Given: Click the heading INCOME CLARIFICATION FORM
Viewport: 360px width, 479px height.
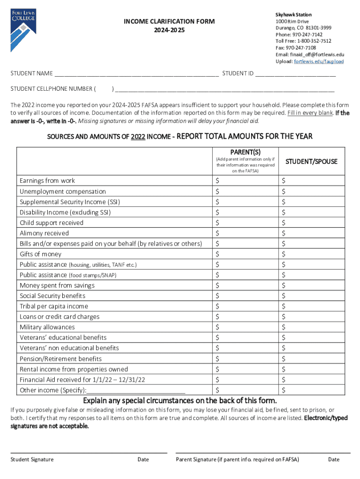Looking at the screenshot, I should click(x=169, y=22).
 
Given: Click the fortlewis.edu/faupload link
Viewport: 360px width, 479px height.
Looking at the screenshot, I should click(x=316, y=61).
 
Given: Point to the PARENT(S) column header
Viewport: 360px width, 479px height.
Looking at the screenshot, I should click(x=245, y=152).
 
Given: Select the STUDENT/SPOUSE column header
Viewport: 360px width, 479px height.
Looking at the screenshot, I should click(x=311, y=161).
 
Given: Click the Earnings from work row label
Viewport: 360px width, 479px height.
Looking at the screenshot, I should click(x=47, y=181).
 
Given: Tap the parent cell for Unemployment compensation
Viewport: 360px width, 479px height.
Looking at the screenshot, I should click(x=245, y=191).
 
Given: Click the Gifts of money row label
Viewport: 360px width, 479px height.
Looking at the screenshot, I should click(x=41, y=254).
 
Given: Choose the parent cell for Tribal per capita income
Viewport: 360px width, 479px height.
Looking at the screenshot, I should click(x=245, y=306).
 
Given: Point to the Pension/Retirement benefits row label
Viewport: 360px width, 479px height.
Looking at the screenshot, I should click(x=61, y=359).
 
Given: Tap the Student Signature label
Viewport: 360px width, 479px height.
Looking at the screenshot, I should click(x=32, y=459).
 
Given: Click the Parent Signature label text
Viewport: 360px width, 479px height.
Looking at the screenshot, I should click(x=238, y=459).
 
